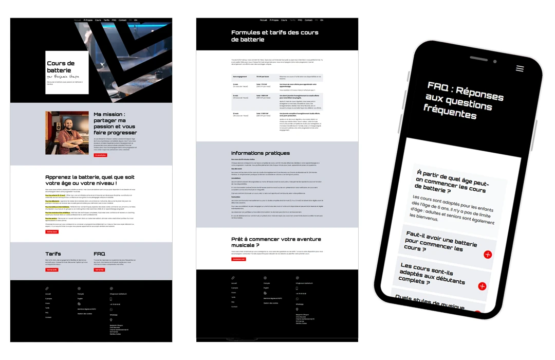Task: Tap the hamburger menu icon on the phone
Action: [520, 68]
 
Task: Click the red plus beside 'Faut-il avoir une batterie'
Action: [487, 254]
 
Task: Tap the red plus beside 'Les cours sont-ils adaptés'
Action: [482, 286]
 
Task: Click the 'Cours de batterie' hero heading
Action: [61, 67]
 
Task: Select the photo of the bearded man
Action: [67, 133]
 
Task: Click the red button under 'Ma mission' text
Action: [100, 155]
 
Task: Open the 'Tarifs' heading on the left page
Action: [53, 254]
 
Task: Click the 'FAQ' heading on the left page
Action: [100, 254]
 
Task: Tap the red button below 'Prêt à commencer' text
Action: [238, 259]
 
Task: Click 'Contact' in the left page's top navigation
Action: [122, 20]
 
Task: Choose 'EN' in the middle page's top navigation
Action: [322, 20]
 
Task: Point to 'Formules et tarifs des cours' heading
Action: [274, 35]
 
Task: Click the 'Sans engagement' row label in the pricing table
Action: [239, 77]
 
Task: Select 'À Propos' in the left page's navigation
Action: [88, 20]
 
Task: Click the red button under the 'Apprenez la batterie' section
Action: [52, 232]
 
